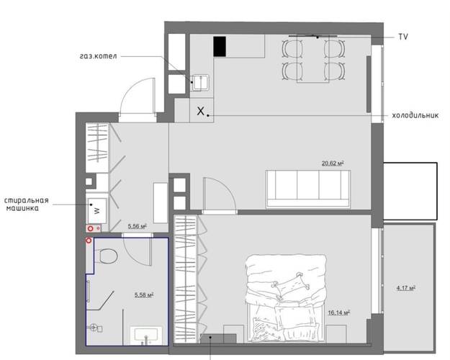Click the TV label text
pyautogui.click(x=403, y=37)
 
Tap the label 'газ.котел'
pyautogui.click(x=99, y=56)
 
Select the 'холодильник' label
pyautogui.click(x=415, y=115)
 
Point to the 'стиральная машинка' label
pyautogui.click(x=27, y=204)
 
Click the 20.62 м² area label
pyautogui.click(x=333, y=163)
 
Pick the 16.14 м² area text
pyautogui.click(x=339, y=312)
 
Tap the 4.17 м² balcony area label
pyautogui.click(x=406, y=287)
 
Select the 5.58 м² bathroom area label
pyautogui.click(x=144, y=294)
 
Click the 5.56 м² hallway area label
pyautogui.click(x=138, y=226)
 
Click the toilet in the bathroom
pyautogui.click(x=105, y=256)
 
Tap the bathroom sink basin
pyautogui.click(x=146, y=335)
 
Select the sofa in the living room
pyautogui.click(x=308, y=189)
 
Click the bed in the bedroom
pyautogui.click(x=286, y=298)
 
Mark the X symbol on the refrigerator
pyautogui.click(x=201, y=111)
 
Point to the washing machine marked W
pyautogui.click(x=97, y=210)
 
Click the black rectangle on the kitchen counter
pyautogui.click(x=220, y=47)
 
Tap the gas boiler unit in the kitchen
pyautogui.click(x=201, y=83)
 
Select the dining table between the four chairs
pyautogui.click(x=312, y=58)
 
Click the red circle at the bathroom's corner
pyautogui.click(x=89, y=240)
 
